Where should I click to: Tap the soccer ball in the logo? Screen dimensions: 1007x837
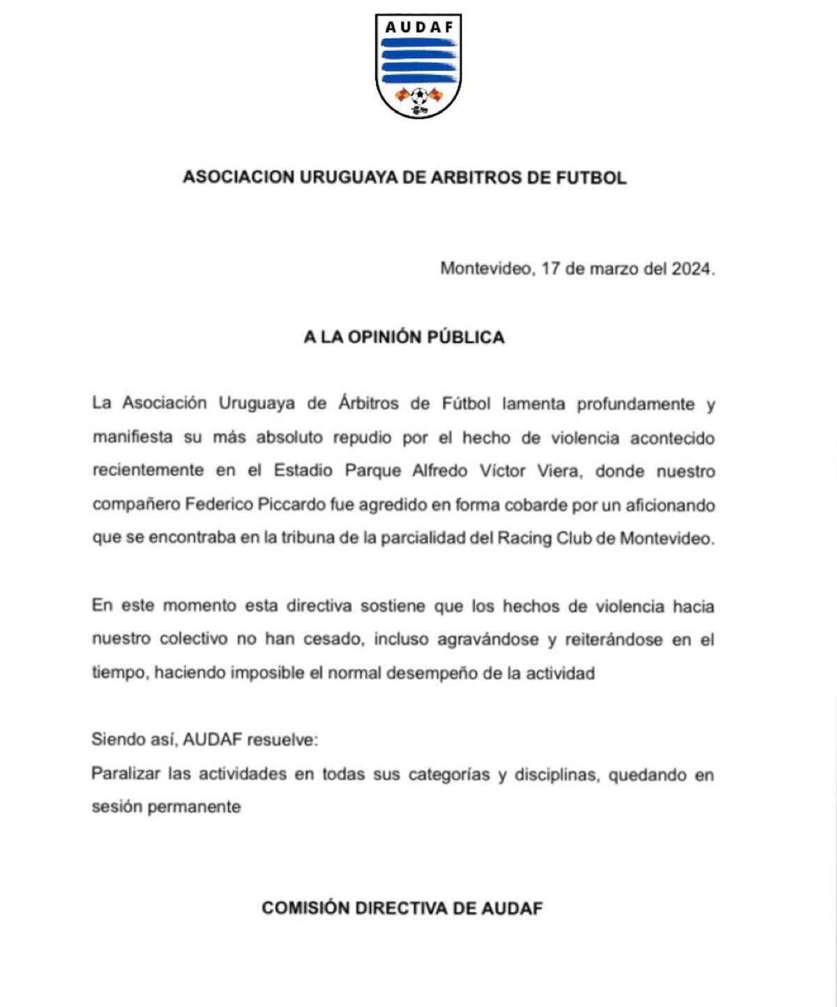pyautogui.click(x=418, y=95)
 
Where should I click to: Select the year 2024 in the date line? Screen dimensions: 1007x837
pyautogui.click(x=691, y=269)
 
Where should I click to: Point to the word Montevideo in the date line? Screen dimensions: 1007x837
pyautogui.click(x=485, y=269)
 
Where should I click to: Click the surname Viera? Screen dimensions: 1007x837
pyautogui.click(x=557, y=471)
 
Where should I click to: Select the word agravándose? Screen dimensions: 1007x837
pyautogui.click(x=488, y=639)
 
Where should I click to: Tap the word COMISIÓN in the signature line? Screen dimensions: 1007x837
pyautogui.click(x=306, y=908)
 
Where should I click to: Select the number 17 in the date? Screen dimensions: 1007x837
pyautogui.click(x=550, y=269)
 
